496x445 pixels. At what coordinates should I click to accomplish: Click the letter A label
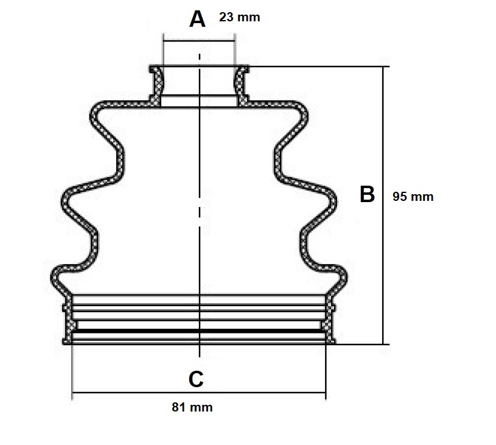point(197,19)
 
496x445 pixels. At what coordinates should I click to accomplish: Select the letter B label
point(367,195)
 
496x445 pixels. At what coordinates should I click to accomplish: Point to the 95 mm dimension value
point(413,196)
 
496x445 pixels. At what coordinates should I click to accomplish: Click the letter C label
point(196,379)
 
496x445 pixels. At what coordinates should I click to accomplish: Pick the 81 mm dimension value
point(192,407)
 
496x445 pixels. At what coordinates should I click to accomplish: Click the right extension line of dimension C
point(326,371)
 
